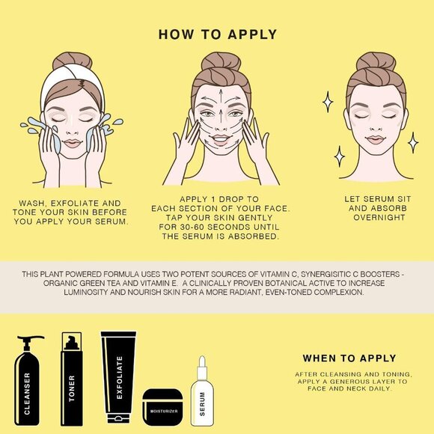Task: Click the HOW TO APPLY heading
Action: [x=218, y=34]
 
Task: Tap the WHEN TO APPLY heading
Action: [x=349, y=358]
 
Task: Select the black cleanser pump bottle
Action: [x=27, y=382]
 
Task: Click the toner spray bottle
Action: [x=72, y=379]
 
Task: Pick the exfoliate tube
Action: [x=118, y=377]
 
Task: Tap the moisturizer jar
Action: [x=162, y=407]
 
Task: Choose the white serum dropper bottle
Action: [x=202, y=391]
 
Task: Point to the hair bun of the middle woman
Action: [x=221, y=61]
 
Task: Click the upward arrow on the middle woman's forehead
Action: [x=221, y=96]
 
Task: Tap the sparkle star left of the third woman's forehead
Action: [x=328, y=102]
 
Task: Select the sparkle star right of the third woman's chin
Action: [x=413, y=142]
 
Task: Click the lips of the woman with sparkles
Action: [x=375, y=139]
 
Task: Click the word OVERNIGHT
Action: [x=379, y=218]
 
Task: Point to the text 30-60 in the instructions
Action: [x=192, y=227]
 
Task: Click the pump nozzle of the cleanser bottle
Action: [x=31, y=338]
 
